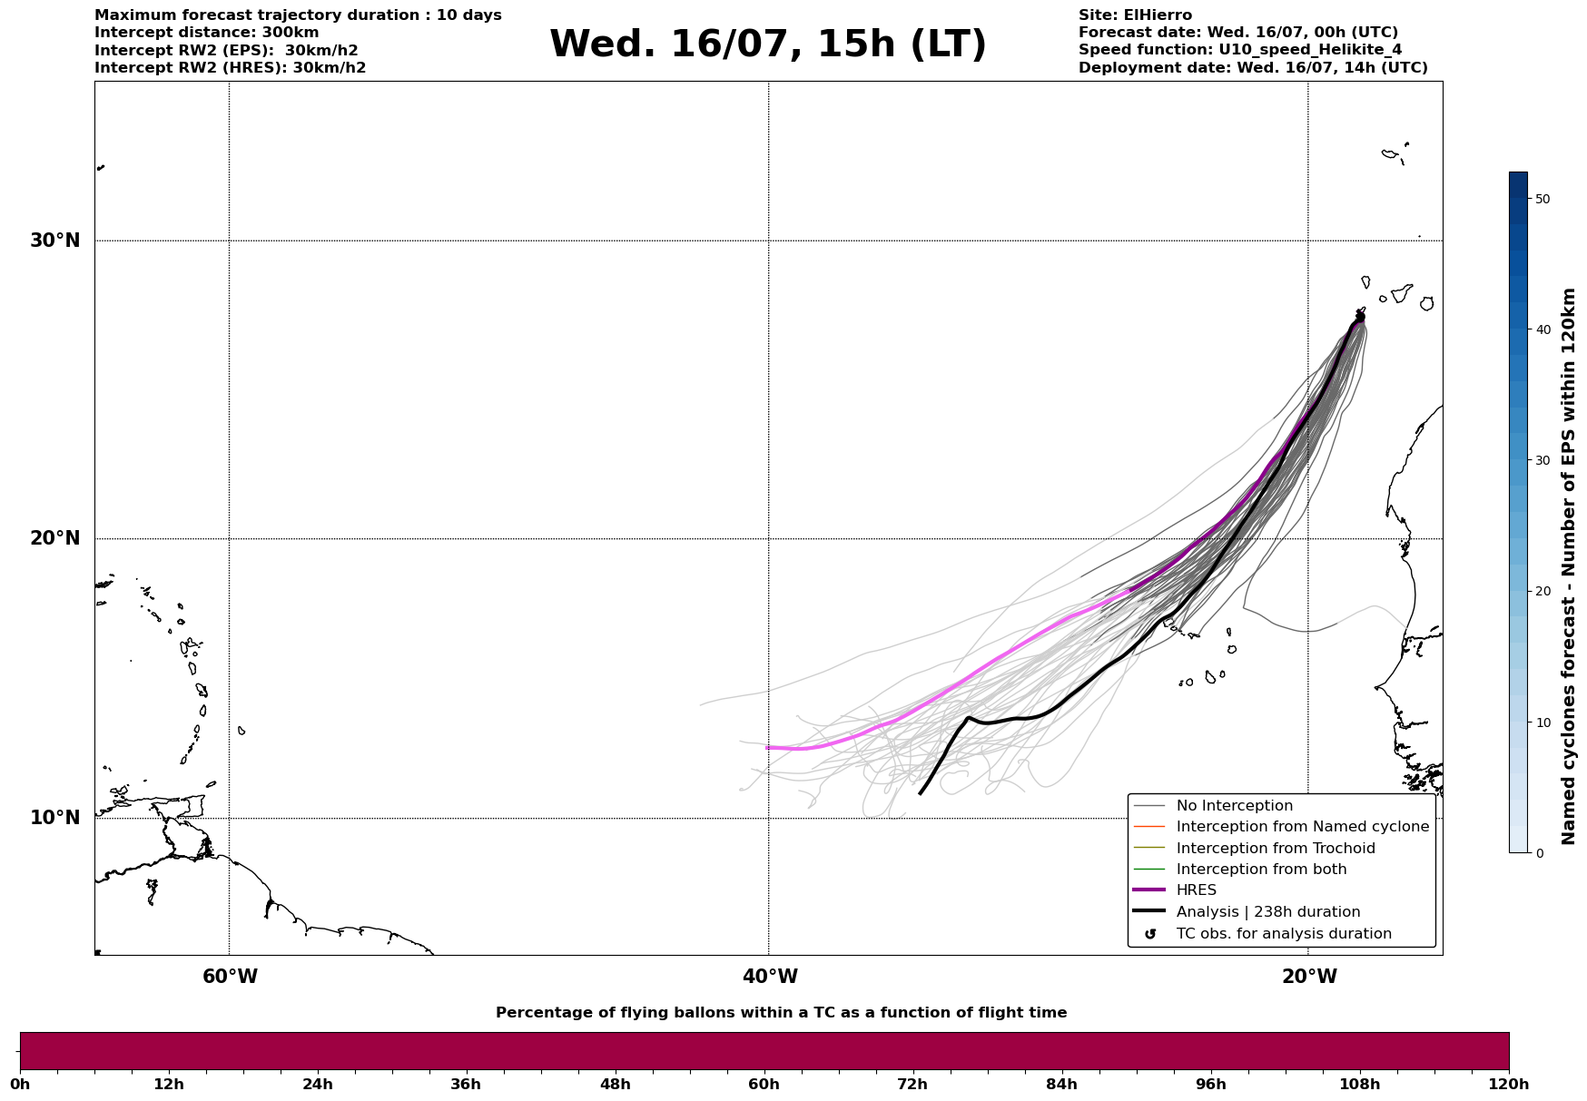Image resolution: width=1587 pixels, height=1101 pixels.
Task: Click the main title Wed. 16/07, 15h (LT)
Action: [767, 44]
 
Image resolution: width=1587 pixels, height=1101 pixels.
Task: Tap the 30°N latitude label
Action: [55, 241]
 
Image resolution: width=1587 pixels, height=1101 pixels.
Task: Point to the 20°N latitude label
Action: [55, 538]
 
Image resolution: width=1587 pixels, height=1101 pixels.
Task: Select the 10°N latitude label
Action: [55, 818]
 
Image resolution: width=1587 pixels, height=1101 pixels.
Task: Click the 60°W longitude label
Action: [230, 977]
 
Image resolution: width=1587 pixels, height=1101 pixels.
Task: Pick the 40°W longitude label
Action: [770, 977]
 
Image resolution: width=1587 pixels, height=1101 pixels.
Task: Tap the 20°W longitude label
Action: [1309, 977]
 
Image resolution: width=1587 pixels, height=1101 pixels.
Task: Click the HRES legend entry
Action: [1196, 890]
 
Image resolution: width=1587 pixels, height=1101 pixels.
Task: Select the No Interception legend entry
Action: [1234, 806]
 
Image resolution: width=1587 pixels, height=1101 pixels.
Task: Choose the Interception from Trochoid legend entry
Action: [1275, 849]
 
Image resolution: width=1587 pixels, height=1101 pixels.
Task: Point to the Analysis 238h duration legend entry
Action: [1267, 912]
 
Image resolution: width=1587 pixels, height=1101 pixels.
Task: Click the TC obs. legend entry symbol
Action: [1150, 934]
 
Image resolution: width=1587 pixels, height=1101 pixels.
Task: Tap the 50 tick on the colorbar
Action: [1543, 199]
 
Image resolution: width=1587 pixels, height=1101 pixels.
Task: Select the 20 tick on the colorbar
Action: [1543, 591]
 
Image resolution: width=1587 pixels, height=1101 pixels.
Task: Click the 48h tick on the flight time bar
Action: [615, 1084]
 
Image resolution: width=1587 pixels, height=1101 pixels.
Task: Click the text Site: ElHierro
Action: [1135, 15]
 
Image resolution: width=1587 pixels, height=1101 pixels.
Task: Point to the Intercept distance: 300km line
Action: [207, 33]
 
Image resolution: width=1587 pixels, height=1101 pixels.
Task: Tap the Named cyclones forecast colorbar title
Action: [1568, 566]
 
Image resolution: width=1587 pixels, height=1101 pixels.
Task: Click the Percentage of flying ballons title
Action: [781, 1013]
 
